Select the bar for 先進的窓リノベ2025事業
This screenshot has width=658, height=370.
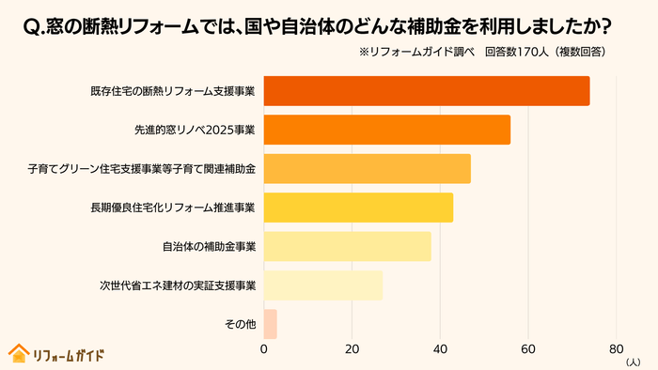387,130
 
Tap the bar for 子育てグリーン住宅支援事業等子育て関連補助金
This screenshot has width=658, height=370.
367,169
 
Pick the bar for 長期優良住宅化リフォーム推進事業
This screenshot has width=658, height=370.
358,208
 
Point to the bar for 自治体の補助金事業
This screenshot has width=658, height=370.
347,246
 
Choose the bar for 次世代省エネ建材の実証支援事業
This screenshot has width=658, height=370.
322,285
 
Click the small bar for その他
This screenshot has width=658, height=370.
270,324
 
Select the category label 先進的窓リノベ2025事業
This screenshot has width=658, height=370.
196,130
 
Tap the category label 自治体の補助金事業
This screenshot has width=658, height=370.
210,246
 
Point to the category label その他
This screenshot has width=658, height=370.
241,324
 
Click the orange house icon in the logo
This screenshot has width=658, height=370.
18,353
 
